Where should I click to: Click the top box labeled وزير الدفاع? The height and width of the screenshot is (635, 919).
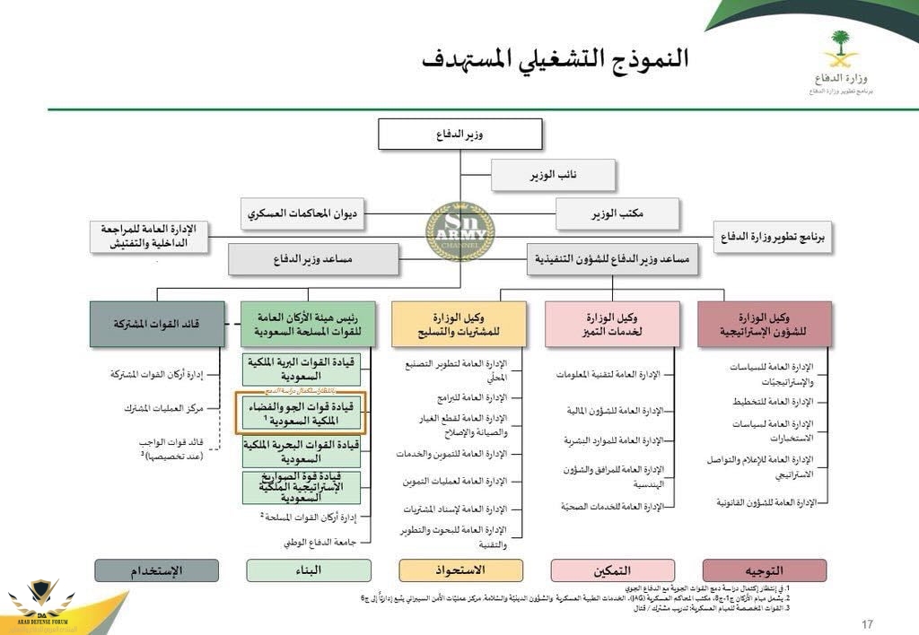pos(460,135)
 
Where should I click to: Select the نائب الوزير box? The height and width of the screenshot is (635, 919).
pos(553,175)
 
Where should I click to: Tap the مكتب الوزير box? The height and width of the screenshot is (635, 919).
pos(617,213)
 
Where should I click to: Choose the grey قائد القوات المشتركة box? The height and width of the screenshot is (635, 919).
pos(157,324)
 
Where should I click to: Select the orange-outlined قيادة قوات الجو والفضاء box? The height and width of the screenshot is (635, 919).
pos(300,413)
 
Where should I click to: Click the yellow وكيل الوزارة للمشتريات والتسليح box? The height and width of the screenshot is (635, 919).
pos(459,324)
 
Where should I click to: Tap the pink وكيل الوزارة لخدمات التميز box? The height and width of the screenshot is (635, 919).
pos(612,324)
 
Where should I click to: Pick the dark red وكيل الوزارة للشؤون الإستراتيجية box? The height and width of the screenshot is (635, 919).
pos(765,324)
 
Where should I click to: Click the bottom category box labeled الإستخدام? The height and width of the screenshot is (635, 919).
pos(157,570)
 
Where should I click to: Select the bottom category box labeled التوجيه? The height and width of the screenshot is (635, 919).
pos(765,570)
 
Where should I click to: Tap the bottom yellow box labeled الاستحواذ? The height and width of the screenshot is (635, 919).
pos(460,570)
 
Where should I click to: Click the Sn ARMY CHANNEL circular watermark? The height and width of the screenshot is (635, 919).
pos(459,232)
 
